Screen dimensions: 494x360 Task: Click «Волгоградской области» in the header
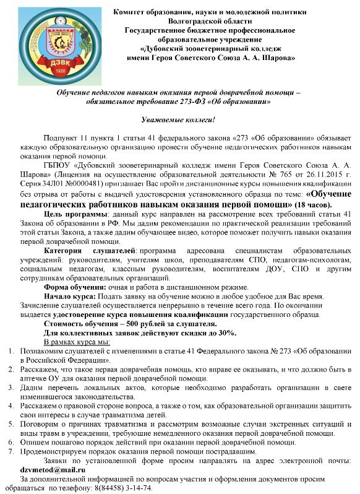click(208, 21)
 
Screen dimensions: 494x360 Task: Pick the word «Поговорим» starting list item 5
click(40, 424)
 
